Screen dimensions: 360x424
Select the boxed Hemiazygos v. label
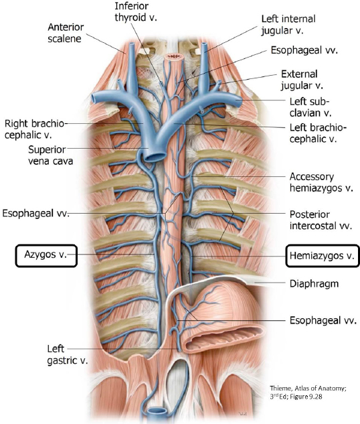323,256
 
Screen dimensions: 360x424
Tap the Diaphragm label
314,283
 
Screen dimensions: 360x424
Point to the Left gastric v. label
67,354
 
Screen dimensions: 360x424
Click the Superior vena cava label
50,155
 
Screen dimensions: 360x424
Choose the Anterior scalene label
66,33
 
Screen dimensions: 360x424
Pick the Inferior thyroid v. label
136,11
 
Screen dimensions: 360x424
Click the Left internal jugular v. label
288,25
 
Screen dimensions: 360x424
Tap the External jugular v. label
302,80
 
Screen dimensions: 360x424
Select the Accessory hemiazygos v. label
321,182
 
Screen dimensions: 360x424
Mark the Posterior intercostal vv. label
321,220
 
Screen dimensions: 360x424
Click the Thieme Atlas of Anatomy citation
308,393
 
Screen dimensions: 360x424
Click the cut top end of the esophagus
174,56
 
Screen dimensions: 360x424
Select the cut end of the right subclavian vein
96,98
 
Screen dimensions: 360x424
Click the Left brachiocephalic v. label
318,133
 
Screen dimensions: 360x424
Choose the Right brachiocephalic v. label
34,129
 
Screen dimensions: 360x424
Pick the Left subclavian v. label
310,107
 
